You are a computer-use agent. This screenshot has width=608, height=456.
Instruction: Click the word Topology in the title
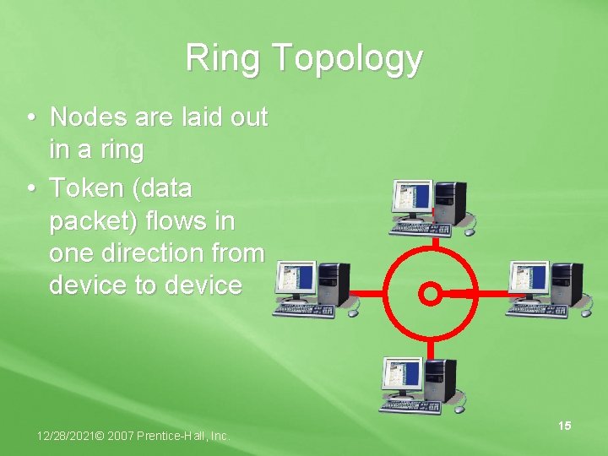347,60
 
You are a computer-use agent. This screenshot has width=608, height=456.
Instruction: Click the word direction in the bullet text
172,252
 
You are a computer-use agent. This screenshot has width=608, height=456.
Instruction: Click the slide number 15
564,426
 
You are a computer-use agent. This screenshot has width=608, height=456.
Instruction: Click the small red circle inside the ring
430,294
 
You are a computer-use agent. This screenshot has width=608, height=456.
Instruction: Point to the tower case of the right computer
565,284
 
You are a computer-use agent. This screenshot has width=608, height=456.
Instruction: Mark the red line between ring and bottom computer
430,347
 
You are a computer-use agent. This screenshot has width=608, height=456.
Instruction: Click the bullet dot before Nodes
30,117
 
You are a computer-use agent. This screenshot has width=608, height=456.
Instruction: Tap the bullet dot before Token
30,188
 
